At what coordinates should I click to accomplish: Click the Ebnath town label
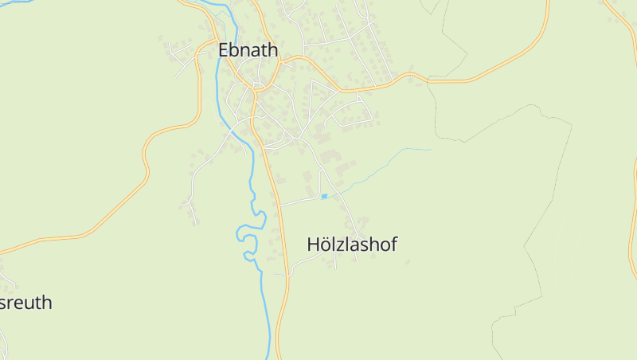click(248, 50)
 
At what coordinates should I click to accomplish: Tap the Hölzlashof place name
click(352, 245)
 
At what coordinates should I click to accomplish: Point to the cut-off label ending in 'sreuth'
click(26, 303)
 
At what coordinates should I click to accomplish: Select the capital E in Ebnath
click(224, 50)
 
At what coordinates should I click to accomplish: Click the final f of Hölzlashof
click(393, 245)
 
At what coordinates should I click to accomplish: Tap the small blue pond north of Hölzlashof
click(324, 196)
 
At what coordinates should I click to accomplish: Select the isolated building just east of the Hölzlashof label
click(408, 260)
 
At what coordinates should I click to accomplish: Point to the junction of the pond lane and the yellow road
click(280, 205)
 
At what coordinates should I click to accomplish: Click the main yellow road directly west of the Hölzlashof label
click(284, 245)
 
